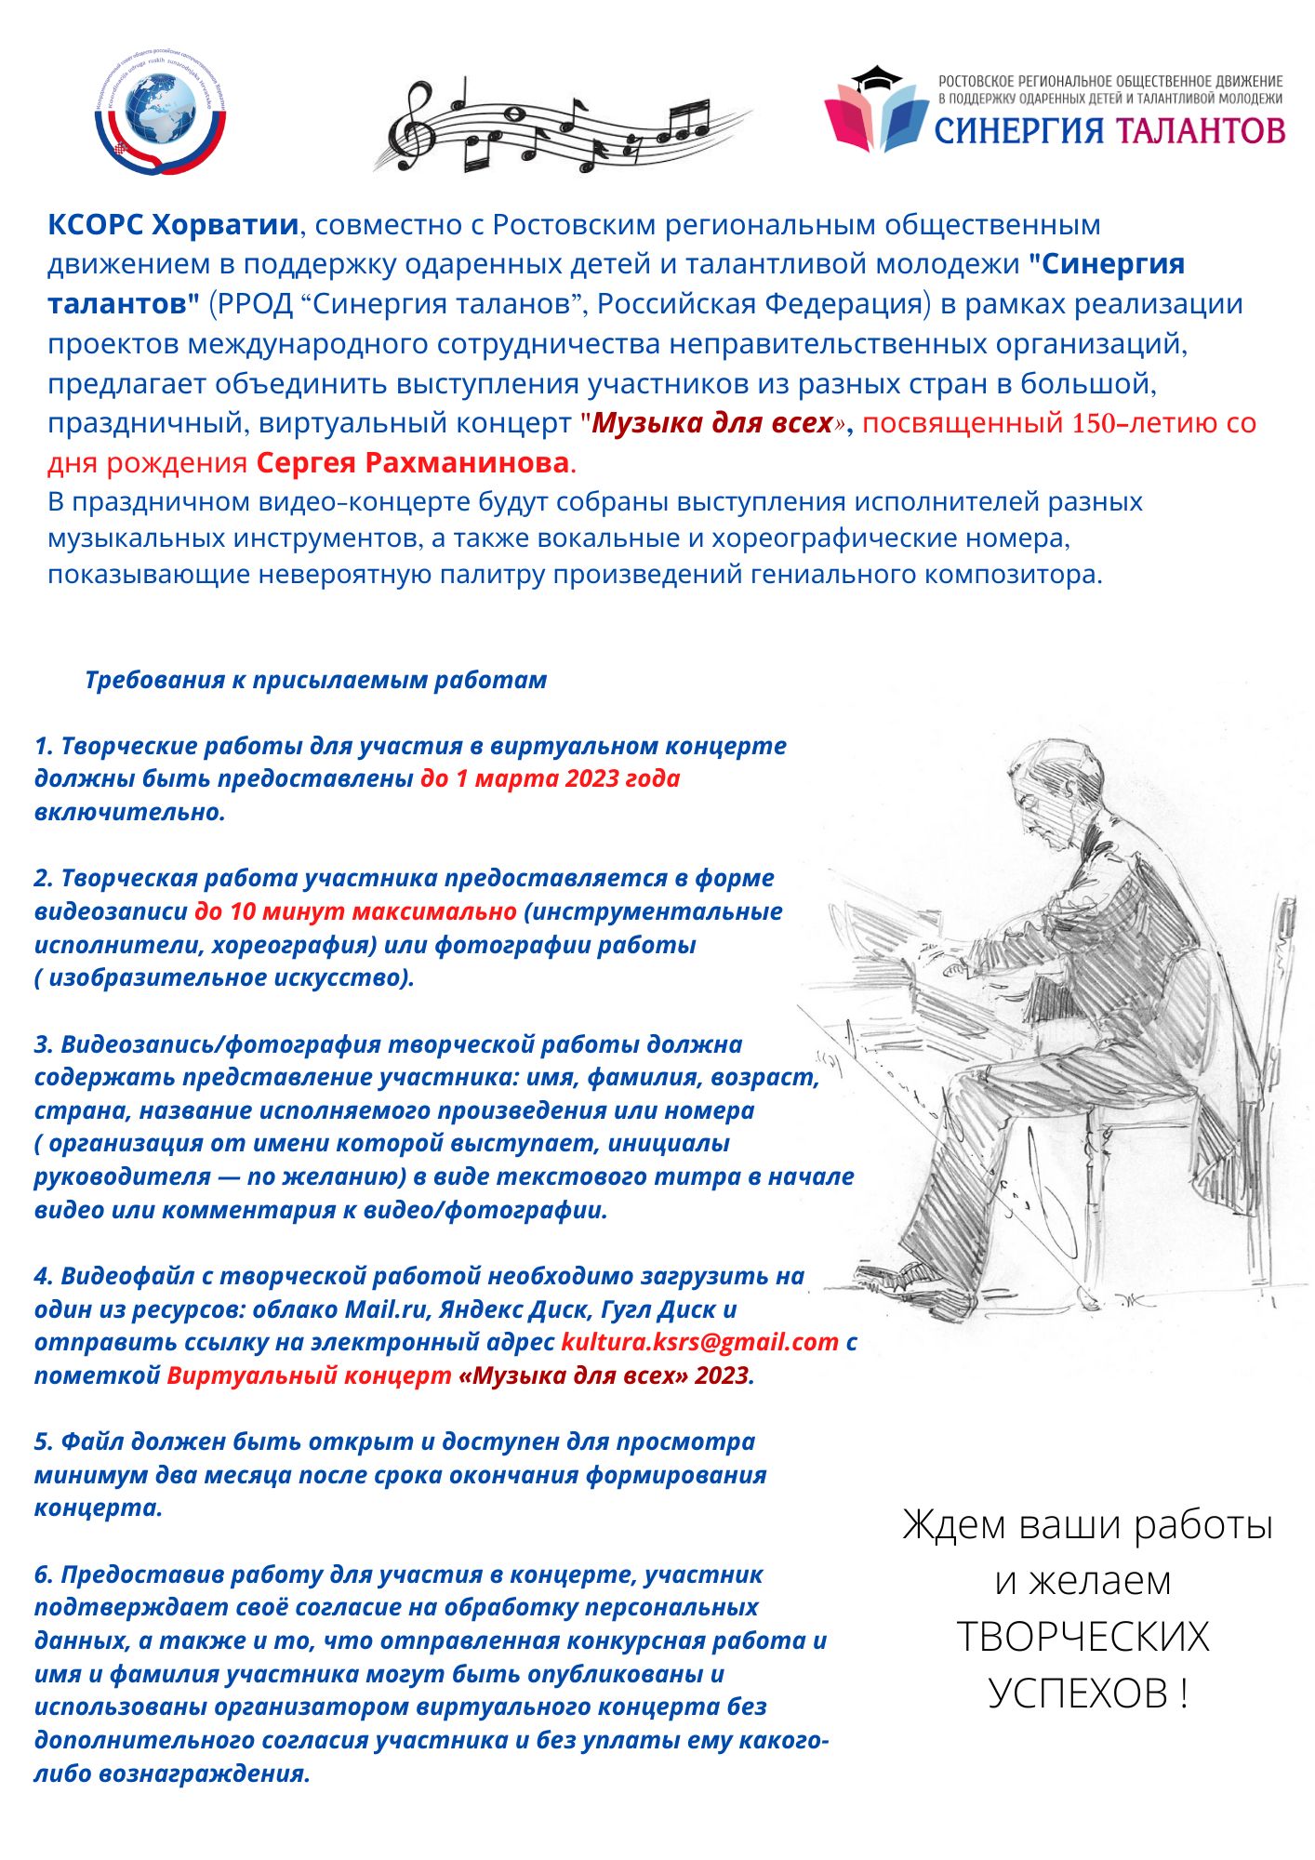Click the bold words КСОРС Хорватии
point(173,225)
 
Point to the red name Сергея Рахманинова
point(412,462)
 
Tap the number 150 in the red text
point(1093,423)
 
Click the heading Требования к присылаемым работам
point(315,680)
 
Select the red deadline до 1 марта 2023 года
point(550,778)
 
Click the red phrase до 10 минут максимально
point(355,911)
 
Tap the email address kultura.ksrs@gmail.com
point(699,1342)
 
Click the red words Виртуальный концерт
point(309,1375)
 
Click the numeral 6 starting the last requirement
point(42,1575)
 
